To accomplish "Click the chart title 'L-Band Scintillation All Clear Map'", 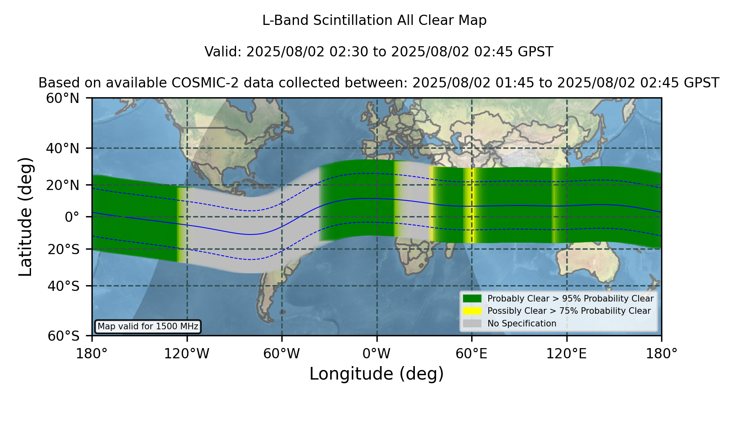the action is click(x=374, y=20).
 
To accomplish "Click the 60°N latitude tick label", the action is click(x=63, y=98).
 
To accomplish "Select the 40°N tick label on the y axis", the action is click(x=63, y=148).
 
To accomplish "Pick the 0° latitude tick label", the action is click(x=72, y=217).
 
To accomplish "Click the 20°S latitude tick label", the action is click(x=64, y=249).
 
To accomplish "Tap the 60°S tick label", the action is click(x=64, y=336).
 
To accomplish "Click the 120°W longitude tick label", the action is click(x=187, y=354).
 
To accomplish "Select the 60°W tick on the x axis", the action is click(x=282, y=354).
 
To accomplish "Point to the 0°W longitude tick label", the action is click(x=377, y=354).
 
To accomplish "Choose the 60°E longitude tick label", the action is click(x=472, y=354).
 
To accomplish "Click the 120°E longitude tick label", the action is click(x=567, y=354).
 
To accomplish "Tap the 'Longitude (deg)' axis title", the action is click(x=376, y=374).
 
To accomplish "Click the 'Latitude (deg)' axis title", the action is click(x=25, y=217).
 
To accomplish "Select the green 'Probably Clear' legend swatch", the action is click(x=472, y=299).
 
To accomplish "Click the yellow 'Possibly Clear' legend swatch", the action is click(x=472, y=311).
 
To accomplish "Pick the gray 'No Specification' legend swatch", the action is click(x=472, y=324).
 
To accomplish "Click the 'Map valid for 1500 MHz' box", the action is click(x=148, y=326).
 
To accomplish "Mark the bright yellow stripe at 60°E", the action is click(x=472, y=206).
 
